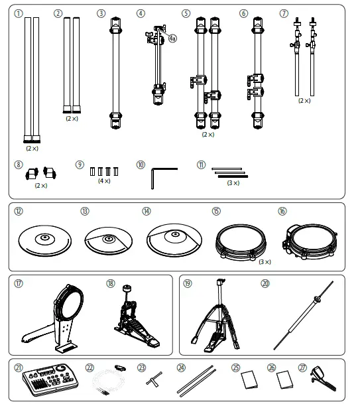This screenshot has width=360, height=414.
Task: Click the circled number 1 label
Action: point(19,13)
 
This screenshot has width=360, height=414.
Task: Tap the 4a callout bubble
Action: point(172,39)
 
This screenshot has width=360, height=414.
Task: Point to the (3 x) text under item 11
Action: point(233,182)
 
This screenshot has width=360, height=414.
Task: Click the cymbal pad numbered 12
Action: point(45,241)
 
